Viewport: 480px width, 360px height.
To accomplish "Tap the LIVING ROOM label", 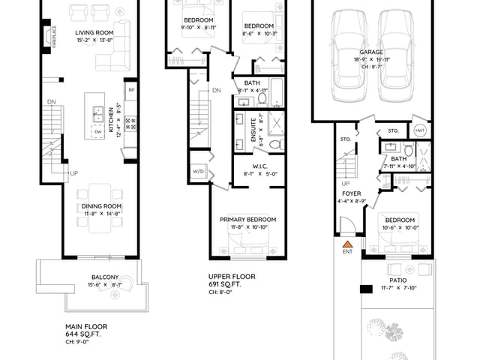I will click(x=94, y=33).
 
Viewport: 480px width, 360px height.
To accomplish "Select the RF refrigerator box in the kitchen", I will click(x=130, y=91).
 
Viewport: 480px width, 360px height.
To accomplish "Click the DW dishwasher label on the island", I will click(x=98, y=132).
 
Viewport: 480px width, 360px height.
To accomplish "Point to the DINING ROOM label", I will click(x=103, y=206).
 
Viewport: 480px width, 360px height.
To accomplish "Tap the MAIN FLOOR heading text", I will click(x=86, y=327).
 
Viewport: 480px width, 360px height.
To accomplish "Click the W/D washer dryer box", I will click(x=199, y=172).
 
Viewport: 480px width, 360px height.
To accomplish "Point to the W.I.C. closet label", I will click(x=250, y=166).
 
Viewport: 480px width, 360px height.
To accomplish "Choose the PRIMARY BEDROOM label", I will click(x=247, y=219).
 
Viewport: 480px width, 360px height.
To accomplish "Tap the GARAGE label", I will click(x=371, y=52).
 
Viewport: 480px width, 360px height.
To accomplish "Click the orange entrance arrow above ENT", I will click(x=348, y=243).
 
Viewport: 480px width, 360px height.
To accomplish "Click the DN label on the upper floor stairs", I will click(x=216, y=91).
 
